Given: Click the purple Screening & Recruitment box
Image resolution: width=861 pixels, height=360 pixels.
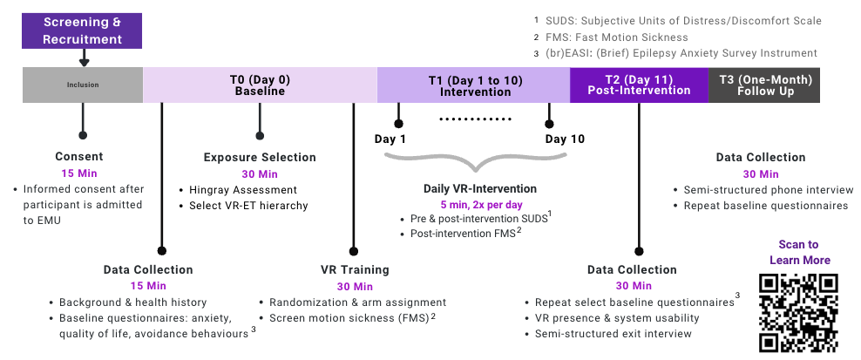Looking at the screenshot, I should tap(83, 31).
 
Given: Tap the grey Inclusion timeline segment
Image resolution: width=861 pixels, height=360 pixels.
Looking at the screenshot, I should tap(83, 85).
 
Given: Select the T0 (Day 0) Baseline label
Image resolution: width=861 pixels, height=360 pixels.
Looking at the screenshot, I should tap(260, 85).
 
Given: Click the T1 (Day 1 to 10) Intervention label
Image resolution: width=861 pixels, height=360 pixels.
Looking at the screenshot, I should tap(474, 85).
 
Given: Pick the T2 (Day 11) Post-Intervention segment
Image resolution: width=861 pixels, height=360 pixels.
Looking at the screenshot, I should tap(639, 85).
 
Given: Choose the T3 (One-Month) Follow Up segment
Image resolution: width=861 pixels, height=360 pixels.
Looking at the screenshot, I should tap(764, 85).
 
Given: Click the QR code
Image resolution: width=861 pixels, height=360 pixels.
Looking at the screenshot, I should tap(799, 312).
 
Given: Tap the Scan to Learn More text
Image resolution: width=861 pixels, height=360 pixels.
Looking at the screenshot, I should tap(799, 253).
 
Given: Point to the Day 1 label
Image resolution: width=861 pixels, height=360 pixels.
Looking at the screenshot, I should tap(390, 139).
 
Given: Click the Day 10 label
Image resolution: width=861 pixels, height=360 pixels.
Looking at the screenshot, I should tap(565, 139).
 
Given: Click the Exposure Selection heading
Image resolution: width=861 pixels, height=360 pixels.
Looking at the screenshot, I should tap(260, 158).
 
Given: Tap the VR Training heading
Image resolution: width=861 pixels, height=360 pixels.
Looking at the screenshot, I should tap(355, 270).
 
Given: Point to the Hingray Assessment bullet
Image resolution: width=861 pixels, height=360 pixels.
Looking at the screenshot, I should tap(242, 189).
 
